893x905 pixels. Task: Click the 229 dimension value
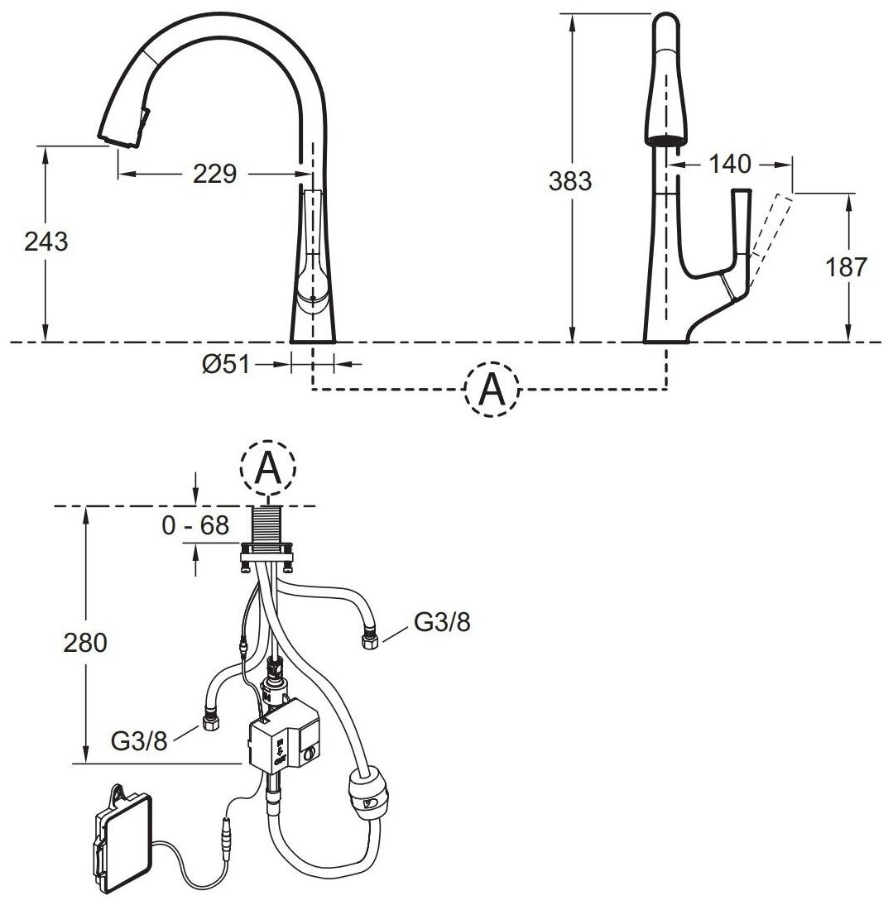point(215,174)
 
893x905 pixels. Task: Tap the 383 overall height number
point(570,180)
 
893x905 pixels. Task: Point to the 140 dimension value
point(729,164)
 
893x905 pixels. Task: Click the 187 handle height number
point(846,266)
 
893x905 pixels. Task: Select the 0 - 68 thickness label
point(195,526)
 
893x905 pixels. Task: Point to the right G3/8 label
point(442,623)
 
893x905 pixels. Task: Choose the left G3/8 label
point(139,740)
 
